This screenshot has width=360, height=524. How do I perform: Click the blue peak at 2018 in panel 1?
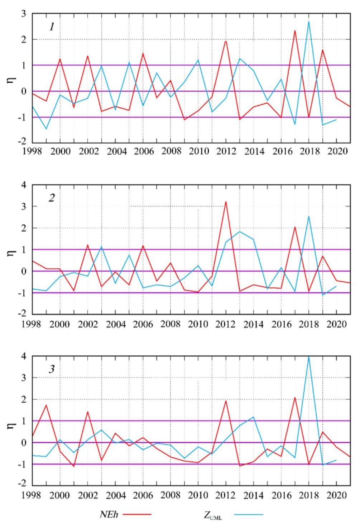pos(309,21)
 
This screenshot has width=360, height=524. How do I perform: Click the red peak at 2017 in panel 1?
pos(295,31)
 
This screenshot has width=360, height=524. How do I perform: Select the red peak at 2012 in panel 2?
pos(226,202)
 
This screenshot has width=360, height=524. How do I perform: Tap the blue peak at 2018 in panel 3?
pos(309,357)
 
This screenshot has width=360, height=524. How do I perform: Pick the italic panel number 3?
pos(52,369)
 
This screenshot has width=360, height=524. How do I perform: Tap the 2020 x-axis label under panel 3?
pos(336,495)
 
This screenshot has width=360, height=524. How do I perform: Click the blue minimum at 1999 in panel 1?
pos(46,129)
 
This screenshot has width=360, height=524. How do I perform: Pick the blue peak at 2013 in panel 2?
pos(240,231)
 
